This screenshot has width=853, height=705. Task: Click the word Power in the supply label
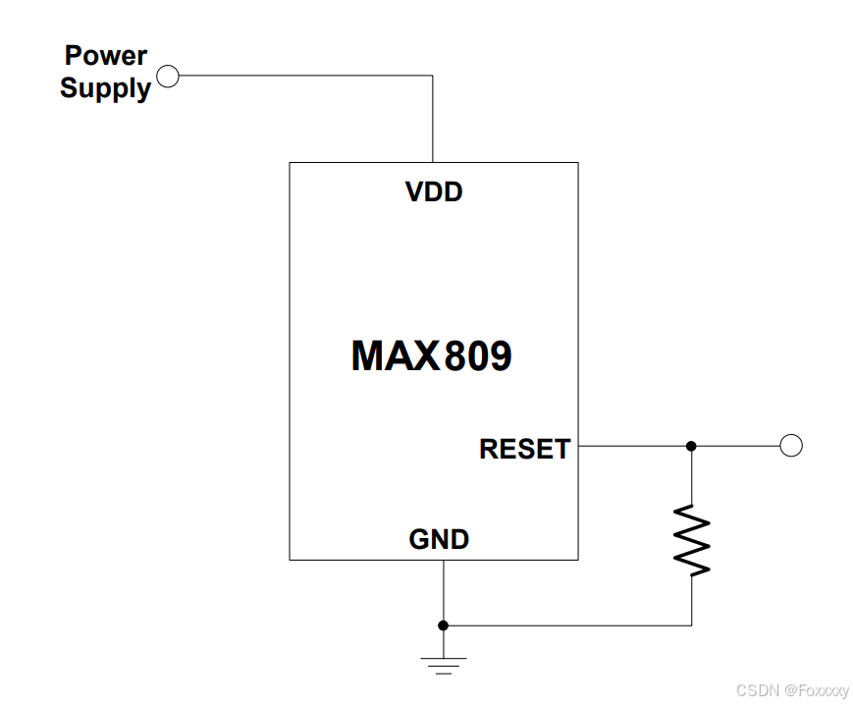coord(105,55)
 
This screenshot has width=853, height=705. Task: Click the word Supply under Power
coord(105,87)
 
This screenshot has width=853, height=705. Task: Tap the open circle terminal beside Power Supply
coord(168,76)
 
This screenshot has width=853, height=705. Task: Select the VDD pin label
coord(434,191)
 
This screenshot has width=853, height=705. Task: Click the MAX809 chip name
coord(431,355)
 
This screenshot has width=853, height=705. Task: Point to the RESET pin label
coord(524,449)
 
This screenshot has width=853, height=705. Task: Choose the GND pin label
coord(439,539)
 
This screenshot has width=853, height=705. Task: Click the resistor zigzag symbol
coord(691,539)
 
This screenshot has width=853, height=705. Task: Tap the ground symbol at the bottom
coord(444,665)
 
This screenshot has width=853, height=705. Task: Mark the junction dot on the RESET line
coord(691,446)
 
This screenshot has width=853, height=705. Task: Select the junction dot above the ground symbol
coord(444,625)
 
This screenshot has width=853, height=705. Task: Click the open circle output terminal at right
coord(791,446)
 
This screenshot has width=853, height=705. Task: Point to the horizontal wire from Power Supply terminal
coord(304,76)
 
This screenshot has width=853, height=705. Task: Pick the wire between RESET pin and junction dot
coord(633,446)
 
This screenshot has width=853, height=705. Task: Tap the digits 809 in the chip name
coord(478,355)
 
